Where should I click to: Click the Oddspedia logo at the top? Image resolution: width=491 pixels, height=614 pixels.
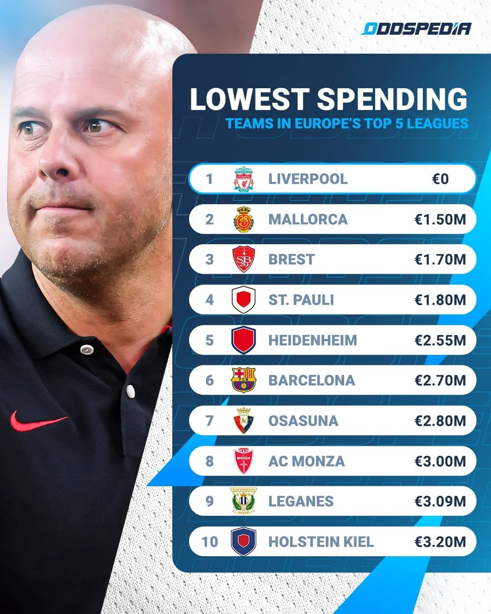pos(416,29)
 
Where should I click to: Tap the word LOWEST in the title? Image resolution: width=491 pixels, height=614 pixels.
pos(249,99)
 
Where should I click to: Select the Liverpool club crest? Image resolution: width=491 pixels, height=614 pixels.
pos(244,179)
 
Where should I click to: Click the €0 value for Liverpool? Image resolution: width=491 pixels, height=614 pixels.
pos(440,179)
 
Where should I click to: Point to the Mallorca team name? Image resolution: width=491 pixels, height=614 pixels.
pos(308,219)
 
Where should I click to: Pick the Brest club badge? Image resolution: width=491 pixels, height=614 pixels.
pos(244,259)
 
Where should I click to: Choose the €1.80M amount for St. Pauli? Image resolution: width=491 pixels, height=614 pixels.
pos(440,300)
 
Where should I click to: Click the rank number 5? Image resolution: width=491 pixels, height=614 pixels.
pos(209,340)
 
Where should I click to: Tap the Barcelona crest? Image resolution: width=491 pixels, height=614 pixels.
pos(244,380)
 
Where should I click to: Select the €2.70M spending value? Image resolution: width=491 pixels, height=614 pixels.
pos(440,380)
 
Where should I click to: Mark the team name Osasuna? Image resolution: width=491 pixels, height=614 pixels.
pos(303,421)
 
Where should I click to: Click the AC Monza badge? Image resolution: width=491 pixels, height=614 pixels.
pos(244,461)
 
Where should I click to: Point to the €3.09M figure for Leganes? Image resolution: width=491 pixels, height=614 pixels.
pos(440,501)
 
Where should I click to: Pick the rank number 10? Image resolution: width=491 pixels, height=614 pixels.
pos(210,542)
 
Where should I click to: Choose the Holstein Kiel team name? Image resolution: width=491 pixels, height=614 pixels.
pos(321,542)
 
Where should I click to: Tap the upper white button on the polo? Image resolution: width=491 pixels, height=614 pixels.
pos(86,349)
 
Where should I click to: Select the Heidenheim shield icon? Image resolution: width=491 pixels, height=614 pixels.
pos(244,340)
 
